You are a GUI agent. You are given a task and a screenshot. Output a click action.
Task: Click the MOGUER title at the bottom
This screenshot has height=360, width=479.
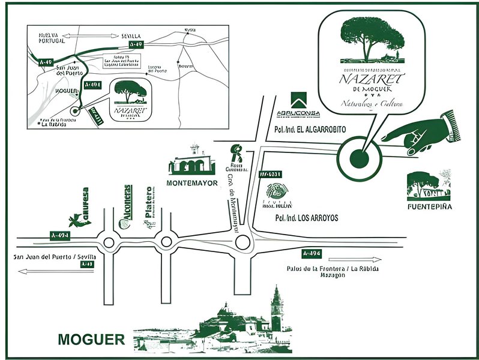[91, 340]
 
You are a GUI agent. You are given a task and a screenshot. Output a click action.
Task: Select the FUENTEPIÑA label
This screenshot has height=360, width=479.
[429, 206]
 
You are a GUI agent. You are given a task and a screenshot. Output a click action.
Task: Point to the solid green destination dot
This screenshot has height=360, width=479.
[358, 158]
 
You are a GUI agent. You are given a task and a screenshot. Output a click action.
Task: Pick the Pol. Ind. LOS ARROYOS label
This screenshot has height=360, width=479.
[306, 218]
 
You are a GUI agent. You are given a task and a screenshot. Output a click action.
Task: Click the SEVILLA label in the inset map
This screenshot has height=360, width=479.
[130, 35]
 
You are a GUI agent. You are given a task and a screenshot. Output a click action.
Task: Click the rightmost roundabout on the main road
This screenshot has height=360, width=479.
[243, 242]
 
